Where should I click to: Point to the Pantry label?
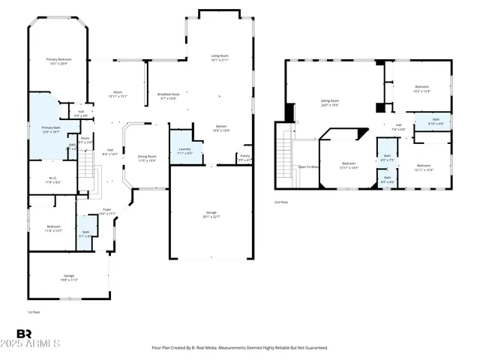tap(244, 158)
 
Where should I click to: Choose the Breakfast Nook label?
tap(166, 96)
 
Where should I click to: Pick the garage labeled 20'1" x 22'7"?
tap(211, 215)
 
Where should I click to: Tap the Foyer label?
tap(107, 212)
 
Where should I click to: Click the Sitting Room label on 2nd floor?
tap(330, 103)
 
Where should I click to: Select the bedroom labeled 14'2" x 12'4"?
tap(421, 89)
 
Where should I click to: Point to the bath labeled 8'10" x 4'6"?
tap(436, 121)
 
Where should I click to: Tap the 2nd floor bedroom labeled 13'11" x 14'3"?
tap(349, 166)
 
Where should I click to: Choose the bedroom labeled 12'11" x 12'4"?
tap(424, 168)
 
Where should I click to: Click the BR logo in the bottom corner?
tap(24, 334)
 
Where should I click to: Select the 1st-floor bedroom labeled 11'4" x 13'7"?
tap(54, 228)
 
